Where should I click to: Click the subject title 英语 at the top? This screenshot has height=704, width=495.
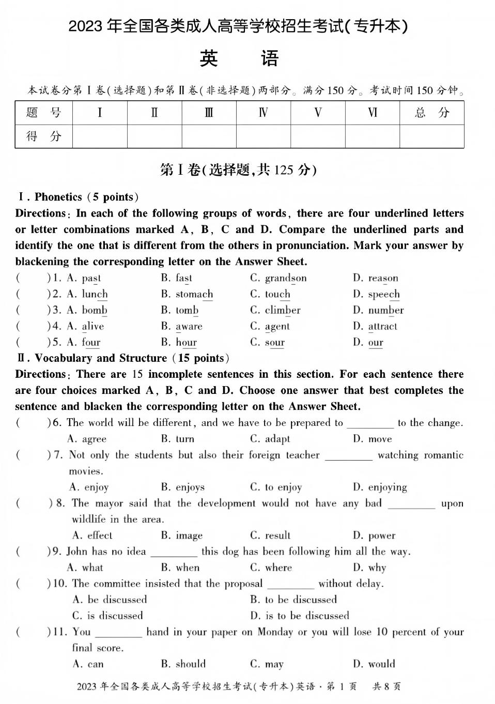(x=239, y=58)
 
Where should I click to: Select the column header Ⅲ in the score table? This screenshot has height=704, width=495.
(x=209, y=113)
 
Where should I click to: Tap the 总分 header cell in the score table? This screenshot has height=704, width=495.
(x=431, y=113)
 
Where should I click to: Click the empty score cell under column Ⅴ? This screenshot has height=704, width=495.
(x=318, y=136)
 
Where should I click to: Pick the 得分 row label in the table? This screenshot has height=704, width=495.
(x=44, y=136)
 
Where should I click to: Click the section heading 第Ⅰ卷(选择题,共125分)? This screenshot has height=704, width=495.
(x=238, y=170)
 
